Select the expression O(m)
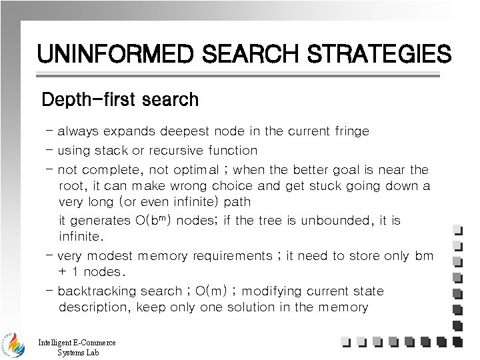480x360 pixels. pyautogui.click(x=219, y=291)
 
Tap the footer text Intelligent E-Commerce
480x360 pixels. pyautogui.click(x=77, y=343)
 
